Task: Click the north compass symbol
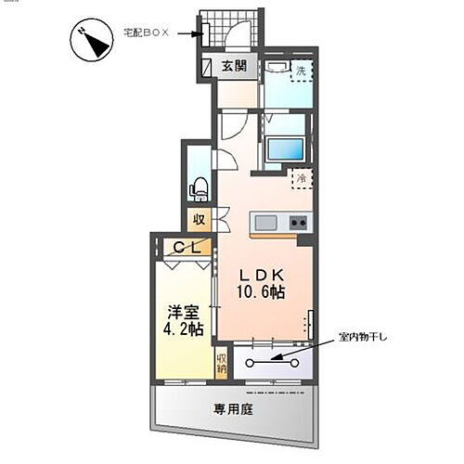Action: pyautogui.click(x=92, y=42)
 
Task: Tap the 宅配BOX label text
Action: pyautogui.click(x=147, y=32)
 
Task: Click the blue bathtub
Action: pyautogui.click(x=284, y=150)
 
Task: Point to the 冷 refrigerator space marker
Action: pyautogui.click(x=302, y=176)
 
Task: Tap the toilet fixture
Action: pyautogui.click(x=198, y=188)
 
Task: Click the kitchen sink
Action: pyautogui.click(x=264, y=223)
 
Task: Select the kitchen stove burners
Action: pyautogui.click(x=299, y=223)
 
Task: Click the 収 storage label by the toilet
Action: pyautogui.click(x=199, y=220)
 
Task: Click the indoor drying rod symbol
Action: pyautogui.click(x=274, y=362)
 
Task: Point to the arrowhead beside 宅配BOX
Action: pyautogui.click(x=197, y=34)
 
